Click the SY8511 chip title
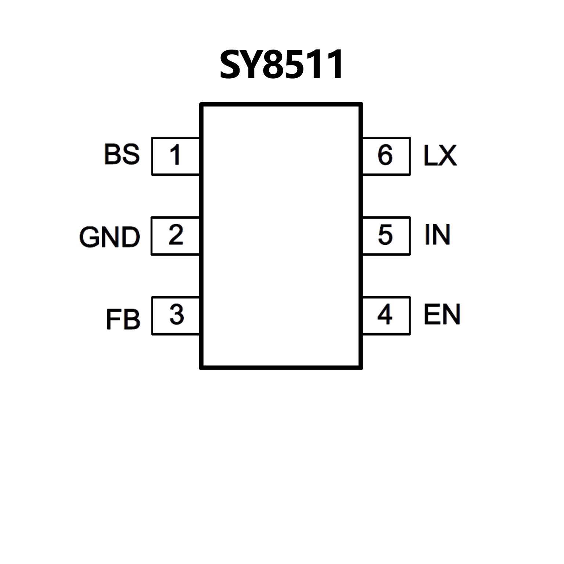point(281,65)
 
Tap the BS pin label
point(122,154)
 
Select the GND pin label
point(109,237)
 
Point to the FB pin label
point(123,319)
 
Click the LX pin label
point(440,155)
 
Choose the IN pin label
point(437,235)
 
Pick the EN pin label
point(442,315)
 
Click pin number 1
point(175,155)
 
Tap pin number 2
point(176,235)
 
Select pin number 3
point(177,315)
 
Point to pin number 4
point(385,315)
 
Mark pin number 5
point(385,235)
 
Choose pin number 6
point(385,155)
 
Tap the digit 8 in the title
point(278,65)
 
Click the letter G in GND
point(90,237)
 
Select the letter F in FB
point(113,320)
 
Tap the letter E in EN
point(431,315)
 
